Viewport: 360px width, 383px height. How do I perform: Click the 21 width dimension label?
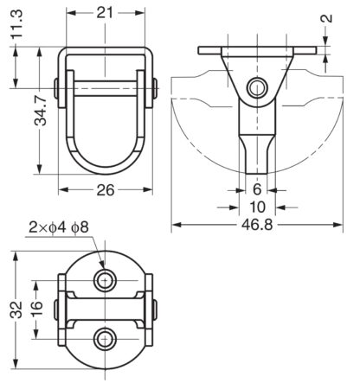pos(105,13)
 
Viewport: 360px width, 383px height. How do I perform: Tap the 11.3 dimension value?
pos(17,24)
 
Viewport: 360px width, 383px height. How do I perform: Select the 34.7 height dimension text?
pos(40,111)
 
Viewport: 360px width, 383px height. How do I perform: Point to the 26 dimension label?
pos(106,190)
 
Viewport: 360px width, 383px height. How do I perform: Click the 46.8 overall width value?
pos(257,225)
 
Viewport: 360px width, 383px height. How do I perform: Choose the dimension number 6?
pos(257,189)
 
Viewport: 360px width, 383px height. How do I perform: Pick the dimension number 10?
pos(257,207)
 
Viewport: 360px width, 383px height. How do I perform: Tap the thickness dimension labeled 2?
pos(326,18)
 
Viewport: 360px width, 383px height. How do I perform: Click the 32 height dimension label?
pos(16,310)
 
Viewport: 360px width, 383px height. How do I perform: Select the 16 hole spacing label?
pos(36,310)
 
